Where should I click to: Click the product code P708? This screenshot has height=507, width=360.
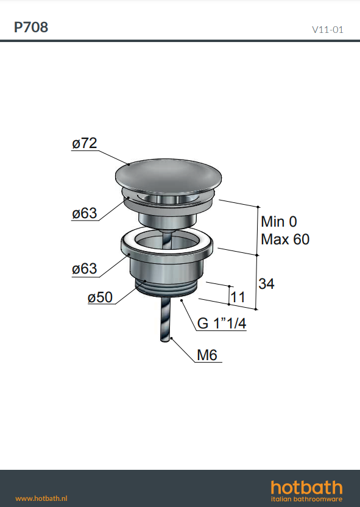click(x=31, y=27)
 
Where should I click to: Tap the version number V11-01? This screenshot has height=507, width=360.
click(x=327, y=30)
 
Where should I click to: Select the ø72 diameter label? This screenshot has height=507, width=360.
click(x=84, y=143)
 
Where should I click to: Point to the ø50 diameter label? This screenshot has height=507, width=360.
click(x=100, y=297)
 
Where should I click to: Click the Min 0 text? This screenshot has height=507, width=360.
click(x=279, y=222)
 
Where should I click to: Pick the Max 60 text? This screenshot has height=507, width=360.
click(x=285, y=239)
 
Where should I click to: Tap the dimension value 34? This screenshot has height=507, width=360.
click(x=266, y=283)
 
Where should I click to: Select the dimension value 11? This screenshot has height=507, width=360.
click(x=238, y=297)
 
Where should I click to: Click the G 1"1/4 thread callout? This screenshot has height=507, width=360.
click(x=222, y=323)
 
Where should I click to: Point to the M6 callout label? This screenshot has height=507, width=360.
click(x=207, y=355)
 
